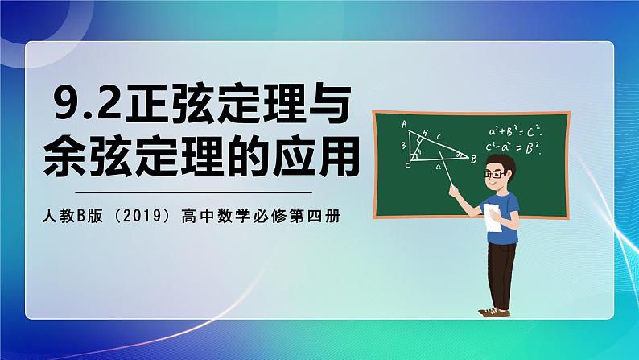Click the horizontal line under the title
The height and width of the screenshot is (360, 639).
coord(192,192)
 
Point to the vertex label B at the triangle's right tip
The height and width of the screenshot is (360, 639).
coord(474,159)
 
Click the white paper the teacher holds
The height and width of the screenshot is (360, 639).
coord(493,219)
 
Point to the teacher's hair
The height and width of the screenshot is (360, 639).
coord(505,163)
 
